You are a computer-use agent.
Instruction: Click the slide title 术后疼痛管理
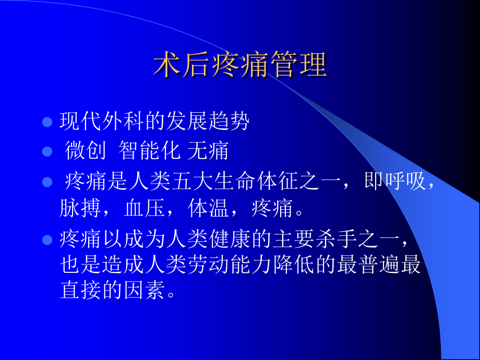coord(240,66)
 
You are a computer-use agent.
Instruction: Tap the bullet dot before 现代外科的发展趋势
coord(47,122)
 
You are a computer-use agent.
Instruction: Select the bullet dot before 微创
coord(47,152)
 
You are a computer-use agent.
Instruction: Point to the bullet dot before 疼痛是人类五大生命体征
coord(47,183)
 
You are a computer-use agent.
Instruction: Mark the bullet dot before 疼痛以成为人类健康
coord(47,240)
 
